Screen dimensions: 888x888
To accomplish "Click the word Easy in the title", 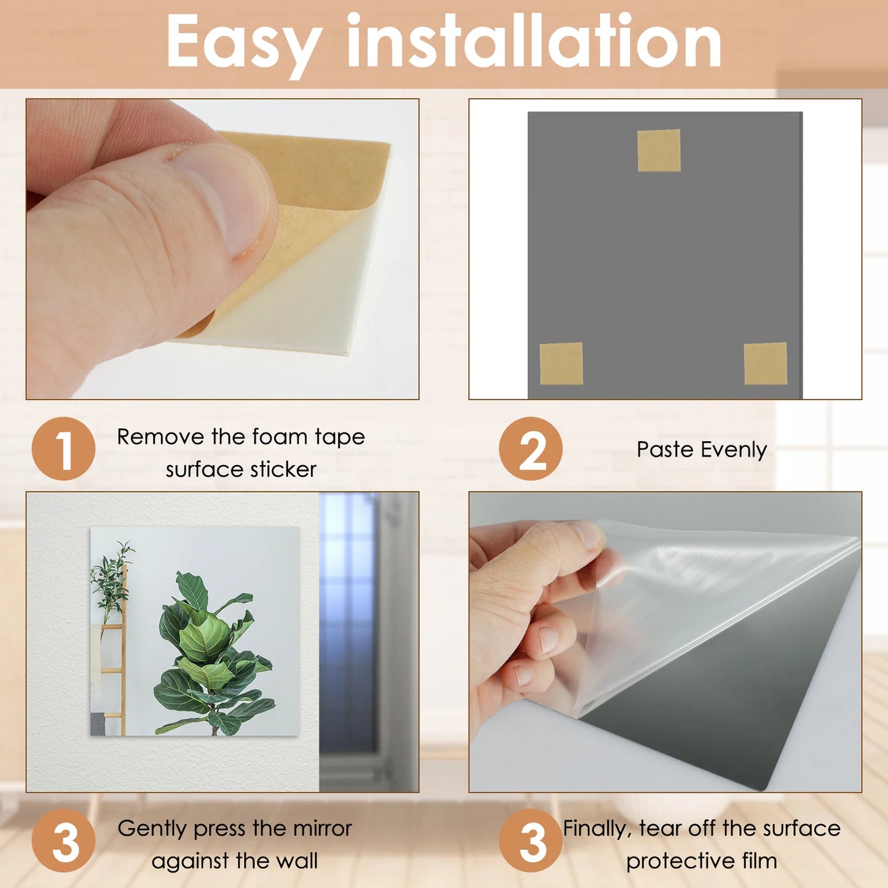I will [x=243, y=42].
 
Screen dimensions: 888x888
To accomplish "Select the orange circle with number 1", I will [x=63, y=449].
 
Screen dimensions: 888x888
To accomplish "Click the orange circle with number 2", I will [x=530, y=449].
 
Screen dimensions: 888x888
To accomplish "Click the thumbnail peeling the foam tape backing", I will [x=222, y=249].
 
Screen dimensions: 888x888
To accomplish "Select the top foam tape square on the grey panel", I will [x=659, y=151].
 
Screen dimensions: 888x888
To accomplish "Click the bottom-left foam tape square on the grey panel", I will [x=561, y=363].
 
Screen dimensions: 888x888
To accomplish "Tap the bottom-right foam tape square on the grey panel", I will [x=765, y=364].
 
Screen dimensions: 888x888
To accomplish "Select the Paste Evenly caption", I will [x=701, y=449].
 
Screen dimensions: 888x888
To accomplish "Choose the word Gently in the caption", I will [x=152, y=828].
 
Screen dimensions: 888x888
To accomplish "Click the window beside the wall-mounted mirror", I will [x=348, y=621].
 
